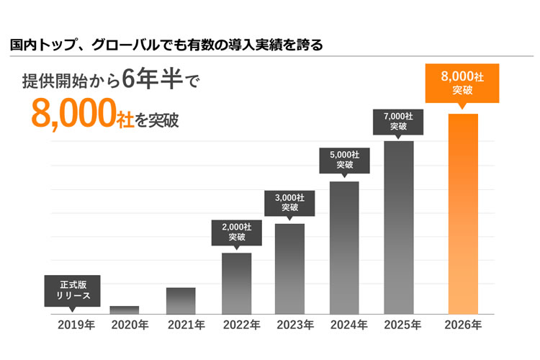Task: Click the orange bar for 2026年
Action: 463,214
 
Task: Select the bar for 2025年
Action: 398,227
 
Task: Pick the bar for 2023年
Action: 289,269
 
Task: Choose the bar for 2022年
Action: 236,283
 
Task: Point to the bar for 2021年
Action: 181,300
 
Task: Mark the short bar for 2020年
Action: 125,310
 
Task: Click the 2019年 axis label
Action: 76,325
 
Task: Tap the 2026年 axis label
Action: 463,325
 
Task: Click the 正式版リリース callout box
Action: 72,289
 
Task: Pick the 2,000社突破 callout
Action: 236,231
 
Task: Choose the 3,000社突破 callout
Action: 289,202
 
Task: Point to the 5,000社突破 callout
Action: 344,159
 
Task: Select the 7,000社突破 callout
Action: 398,120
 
